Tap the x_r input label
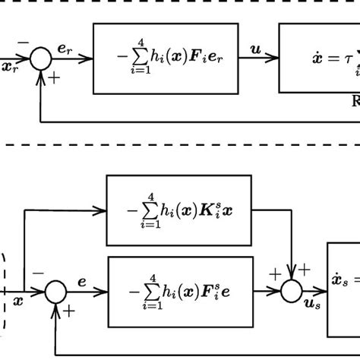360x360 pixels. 10,68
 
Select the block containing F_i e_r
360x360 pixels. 165,58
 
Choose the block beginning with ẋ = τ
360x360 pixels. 319,58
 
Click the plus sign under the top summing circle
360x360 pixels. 55,77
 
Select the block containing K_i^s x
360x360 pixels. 178,210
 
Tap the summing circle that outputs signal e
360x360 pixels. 55,292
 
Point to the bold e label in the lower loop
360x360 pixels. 82,282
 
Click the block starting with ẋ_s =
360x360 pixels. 343,290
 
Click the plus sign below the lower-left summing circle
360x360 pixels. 70,310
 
